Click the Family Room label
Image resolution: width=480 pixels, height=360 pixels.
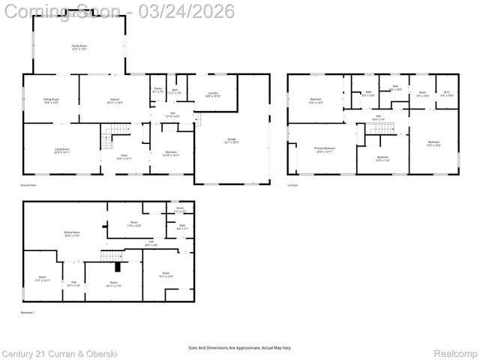coord(76,46)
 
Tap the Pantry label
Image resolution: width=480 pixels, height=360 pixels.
coord(158,90)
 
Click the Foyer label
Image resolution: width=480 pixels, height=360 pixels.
coord(124,157)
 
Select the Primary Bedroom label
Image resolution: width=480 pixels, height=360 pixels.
coord(325,150)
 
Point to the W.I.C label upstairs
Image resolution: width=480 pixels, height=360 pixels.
coord(446,94)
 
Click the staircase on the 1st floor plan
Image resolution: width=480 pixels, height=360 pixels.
coord(379,130)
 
